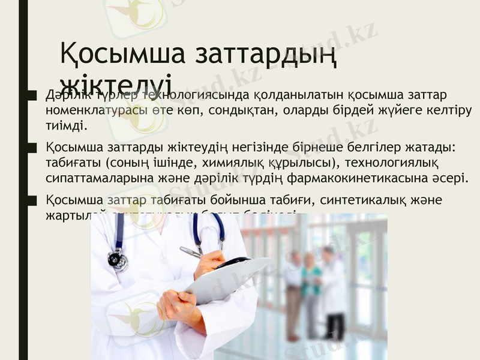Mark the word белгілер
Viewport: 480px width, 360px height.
377,148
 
